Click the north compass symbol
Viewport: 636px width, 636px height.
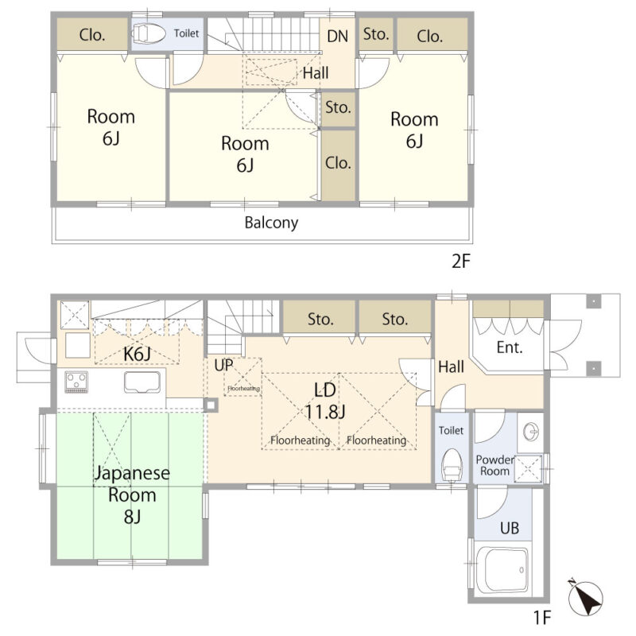pos(585,596)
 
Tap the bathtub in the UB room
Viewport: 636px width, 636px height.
pos(502,570)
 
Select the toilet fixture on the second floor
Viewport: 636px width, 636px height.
pos(149,33)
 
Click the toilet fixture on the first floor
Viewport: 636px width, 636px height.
pos(452,465)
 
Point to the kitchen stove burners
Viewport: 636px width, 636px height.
pos(76,382)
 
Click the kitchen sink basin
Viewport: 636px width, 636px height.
pos(142,382)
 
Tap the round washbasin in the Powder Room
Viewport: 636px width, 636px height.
pos(531,431)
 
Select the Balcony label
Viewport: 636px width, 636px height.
pos(271,223)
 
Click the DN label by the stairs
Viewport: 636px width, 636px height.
pos(337,37)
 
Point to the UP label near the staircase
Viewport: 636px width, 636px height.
pos(223,365)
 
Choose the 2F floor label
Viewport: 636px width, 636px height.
pos(461,261)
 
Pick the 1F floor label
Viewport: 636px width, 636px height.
pos(542,618)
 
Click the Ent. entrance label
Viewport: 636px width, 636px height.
pos(510,347)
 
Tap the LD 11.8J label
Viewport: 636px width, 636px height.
pos(325,401)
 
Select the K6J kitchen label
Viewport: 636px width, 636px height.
pos(137,354)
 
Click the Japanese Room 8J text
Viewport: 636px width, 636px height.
pos(132,494)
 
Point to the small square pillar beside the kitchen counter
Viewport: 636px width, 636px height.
pos(211,405)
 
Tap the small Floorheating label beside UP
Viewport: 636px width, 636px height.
pos(243,388)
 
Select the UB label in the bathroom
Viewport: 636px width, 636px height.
pos(510,528)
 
